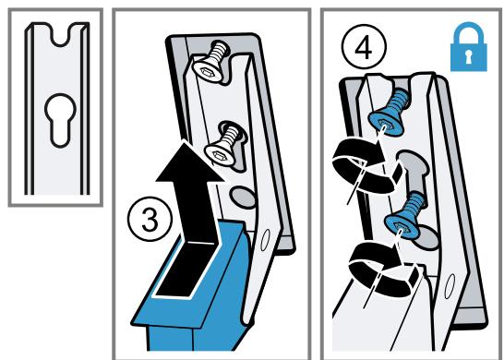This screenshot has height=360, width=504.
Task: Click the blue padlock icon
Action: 469,47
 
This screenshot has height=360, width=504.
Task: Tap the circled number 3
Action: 150,220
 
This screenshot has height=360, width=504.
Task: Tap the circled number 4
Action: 364,47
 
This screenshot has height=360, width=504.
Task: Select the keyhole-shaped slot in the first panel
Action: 60,120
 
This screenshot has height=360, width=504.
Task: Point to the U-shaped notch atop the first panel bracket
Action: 60,35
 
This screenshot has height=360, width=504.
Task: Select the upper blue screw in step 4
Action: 389,113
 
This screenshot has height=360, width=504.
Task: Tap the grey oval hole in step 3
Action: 243,197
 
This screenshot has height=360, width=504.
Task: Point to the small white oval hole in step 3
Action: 265,240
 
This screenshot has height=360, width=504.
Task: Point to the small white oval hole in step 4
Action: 450,286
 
